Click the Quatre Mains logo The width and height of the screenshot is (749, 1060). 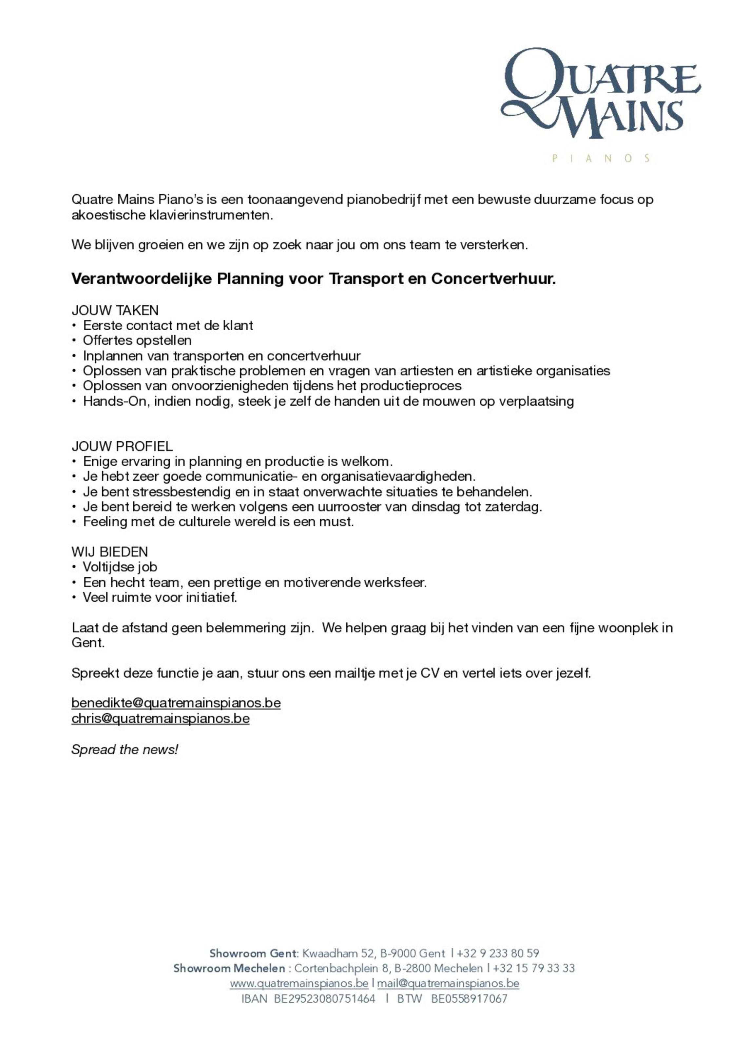(x=600, y=92)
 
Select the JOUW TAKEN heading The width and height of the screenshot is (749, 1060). (x=115, y=310)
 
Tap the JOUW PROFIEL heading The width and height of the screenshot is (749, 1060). (x=122, y=446)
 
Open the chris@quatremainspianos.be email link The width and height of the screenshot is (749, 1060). (x=160, y=718)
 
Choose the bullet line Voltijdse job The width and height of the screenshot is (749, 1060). (x=120, y=567)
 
